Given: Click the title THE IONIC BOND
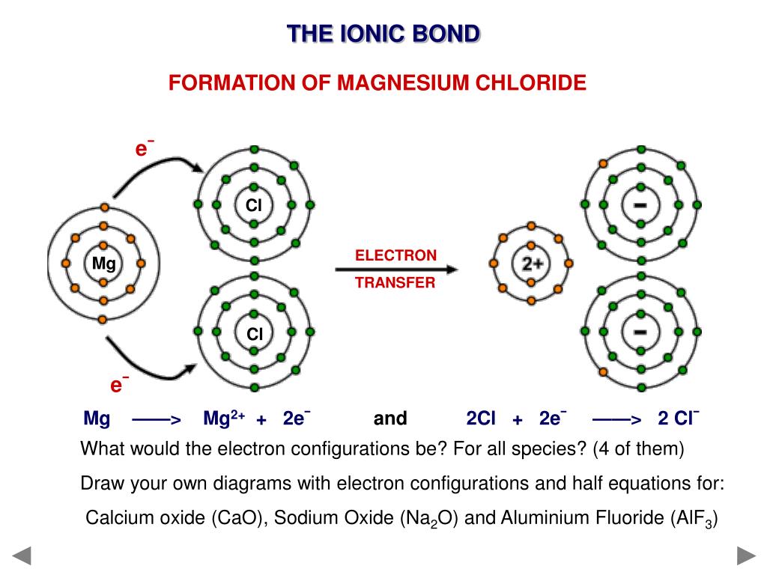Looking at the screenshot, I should (x=383, y=34).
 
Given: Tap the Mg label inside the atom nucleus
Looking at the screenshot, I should (x=103, y=264).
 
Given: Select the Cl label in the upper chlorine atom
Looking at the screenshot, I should (x=254, y=204).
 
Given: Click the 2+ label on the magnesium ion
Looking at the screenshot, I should (x=531, y=264).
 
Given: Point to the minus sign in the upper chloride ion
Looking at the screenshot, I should (x=640, y=204).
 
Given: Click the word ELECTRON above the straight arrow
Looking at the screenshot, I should (x=395, y=255).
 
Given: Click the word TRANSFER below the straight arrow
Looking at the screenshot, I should (x=395, y=283).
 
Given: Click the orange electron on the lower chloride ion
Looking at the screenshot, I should (x=603, y=372).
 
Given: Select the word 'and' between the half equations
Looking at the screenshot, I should (x=389, y=419).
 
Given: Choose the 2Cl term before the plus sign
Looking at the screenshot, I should (x=481, y=419).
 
